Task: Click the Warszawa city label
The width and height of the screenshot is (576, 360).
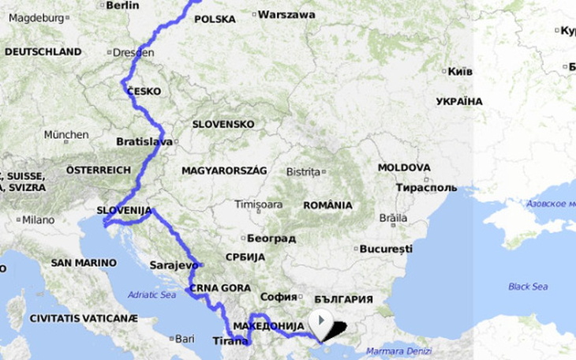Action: (286, 14)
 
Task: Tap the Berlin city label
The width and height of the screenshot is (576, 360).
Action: (122, 5)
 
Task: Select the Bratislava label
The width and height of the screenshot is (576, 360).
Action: (144, 142)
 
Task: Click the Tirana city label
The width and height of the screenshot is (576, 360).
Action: (230, 341)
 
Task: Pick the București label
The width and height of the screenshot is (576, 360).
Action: (386, 249)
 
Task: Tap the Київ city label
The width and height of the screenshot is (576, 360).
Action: (460, 71)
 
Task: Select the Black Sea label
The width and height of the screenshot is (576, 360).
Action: (528, 287)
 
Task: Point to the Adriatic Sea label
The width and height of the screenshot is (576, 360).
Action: (151, 295)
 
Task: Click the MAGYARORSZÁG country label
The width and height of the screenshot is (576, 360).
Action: (224, 171)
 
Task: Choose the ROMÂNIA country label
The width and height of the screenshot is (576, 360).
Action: (327, 205)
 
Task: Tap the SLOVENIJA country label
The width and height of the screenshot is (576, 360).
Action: (124, 210)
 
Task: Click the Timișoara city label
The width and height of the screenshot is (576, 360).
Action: (258, 204)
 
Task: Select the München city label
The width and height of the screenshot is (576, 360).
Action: (66, 135)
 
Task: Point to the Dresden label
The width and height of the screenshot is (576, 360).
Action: (133, 53)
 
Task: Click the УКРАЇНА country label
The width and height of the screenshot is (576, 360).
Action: (458, 101)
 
